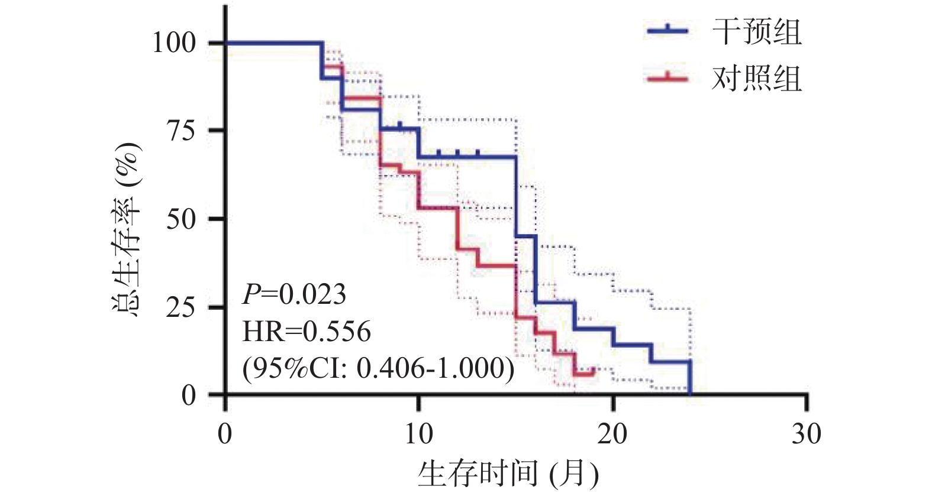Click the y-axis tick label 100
tap(174, 43)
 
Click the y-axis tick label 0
tap(189, 395)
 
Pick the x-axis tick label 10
tap(418, 434)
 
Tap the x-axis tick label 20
tap(612, 434)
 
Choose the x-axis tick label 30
tap(807, 434)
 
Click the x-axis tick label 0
tap(225, 434)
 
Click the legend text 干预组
tap(757, 31)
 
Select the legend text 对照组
tap(757, 79)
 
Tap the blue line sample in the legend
tap(667, 31)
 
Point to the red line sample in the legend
tap(667, 78)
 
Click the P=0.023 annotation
tap(294, 294)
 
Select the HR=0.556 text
tap(307, 331)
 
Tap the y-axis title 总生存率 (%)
tap(126, 231)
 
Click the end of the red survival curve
tap(594, 371)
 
